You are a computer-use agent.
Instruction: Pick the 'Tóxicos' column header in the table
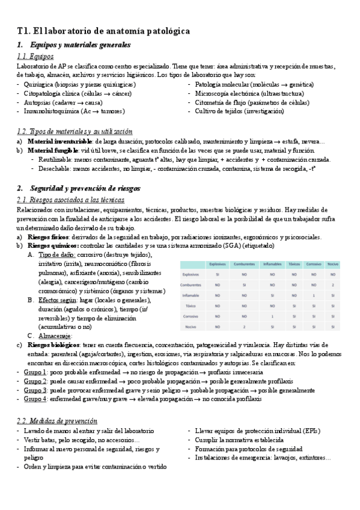(294, 263)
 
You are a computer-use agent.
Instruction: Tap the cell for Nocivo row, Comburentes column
(245, 327)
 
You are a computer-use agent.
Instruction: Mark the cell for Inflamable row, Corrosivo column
(314, 295)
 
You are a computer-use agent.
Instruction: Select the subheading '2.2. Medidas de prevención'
(57, 421)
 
